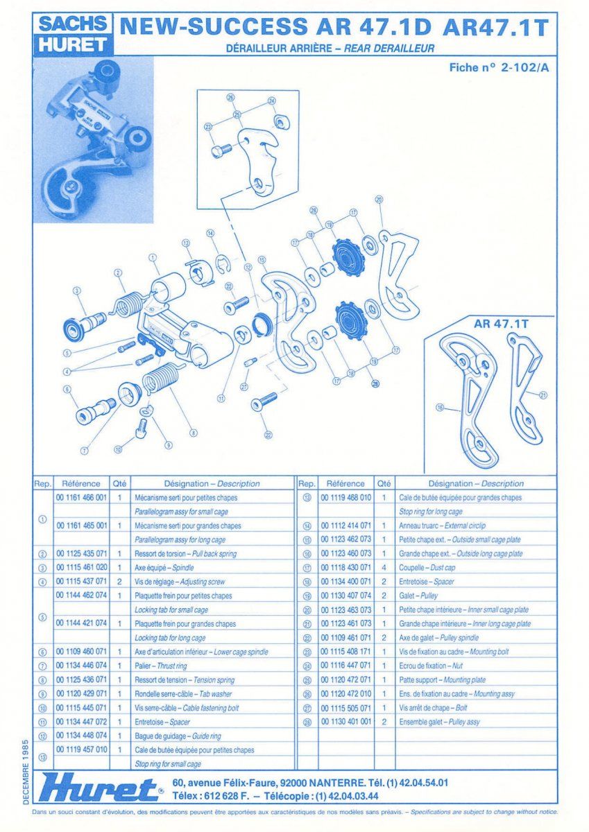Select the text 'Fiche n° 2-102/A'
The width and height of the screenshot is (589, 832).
point(493,67)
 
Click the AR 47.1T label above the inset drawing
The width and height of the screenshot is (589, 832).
point(501,323)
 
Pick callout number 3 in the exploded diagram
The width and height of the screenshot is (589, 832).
point(77,291)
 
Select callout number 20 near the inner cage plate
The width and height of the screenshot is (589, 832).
point(379,200)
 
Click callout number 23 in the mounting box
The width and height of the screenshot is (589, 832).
point(208,126)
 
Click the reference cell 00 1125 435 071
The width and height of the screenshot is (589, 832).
point(81,554)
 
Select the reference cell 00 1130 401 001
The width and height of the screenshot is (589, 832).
point(345,722)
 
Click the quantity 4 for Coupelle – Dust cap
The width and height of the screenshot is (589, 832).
point(384,568)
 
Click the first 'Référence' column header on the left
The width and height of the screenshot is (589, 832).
point(81,483)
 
